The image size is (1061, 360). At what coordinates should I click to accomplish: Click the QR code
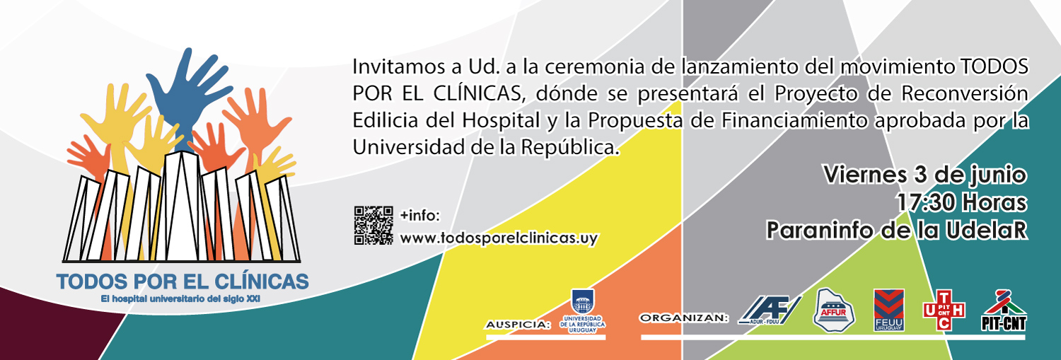(x=373, y=225)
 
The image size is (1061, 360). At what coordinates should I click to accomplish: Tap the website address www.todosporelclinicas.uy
(x=499, y=238)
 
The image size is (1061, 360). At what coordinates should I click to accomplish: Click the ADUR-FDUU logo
(x=770, y=310)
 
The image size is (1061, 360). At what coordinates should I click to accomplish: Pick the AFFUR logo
(x=834, y=310)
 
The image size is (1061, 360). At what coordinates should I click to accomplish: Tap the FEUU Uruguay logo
(x=889, y=310)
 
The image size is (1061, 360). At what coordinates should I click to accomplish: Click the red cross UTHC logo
(x=944, y=310)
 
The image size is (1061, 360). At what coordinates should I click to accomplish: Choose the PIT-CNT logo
(x=1004, y=310)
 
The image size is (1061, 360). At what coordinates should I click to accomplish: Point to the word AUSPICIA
(x=518, y=325)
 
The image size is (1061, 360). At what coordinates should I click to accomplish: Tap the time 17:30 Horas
(x=961, y=203)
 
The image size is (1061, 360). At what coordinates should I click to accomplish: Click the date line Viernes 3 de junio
(x=925, y=175)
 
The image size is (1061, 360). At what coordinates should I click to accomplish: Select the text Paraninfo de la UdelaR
(x=897, y=231)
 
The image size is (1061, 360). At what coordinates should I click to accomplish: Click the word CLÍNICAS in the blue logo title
(x=262, y=281)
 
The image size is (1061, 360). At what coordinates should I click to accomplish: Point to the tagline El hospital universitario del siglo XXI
(x=180, y=299)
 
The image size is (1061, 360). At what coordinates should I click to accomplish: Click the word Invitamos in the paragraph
(x=398, y=66)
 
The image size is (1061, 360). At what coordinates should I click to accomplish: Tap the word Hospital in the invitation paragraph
(x=501, y=121)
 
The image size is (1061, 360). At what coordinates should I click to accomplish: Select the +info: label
(x=420, y=216)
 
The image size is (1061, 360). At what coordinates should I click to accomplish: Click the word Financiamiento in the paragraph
(x=794, y=121)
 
